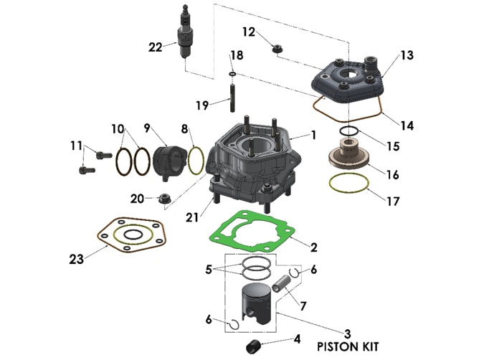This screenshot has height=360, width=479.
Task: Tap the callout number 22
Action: [156, 47]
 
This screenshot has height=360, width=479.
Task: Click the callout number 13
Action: [407, 55]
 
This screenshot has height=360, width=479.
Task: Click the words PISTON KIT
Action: [348, 345]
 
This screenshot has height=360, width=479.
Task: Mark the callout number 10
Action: [118, 128]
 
